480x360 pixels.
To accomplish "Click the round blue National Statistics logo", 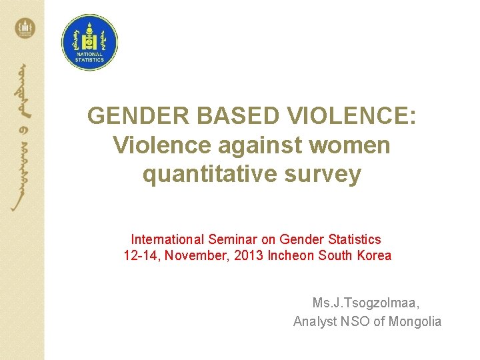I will pyautogui.click(x=89, y=42).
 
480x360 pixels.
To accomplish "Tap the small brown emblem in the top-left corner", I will pyautogui.click(x=25, y=28).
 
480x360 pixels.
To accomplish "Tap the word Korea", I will pyautogui.click(x=374, y=255).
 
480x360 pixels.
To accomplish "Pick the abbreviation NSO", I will pyautogui.click(x=351, y=321).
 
